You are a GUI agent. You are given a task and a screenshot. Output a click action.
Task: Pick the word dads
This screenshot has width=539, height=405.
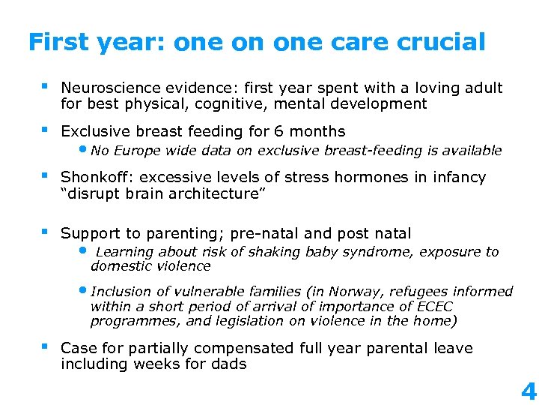point(228,364)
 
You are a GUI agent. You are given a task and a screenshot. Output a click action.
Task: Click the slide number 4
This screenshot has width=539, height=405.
point(528,391)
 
